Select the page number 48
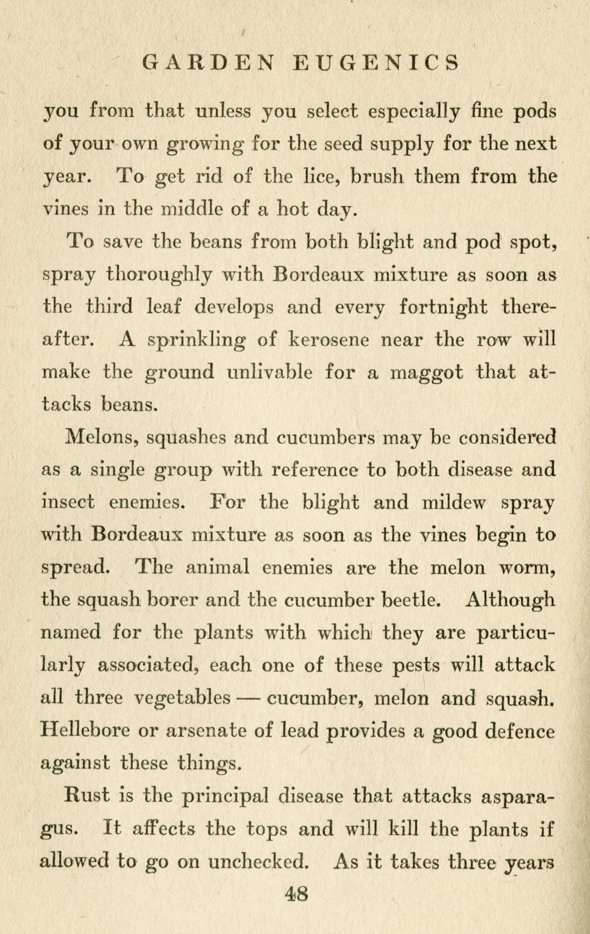pos(296,893)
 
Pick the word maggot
pos(426,372)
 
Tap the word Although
pos(510,600)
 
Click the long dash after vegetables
pos(247,698)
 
